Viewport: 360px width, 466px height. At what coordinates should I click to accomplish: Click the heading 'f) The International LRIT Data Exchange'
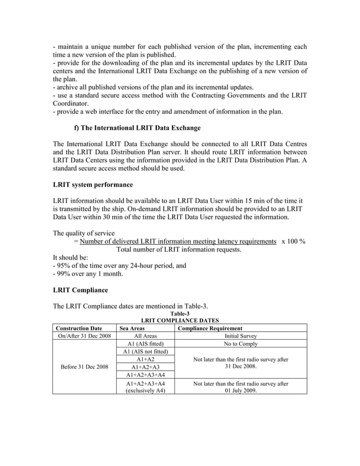coord(137,128)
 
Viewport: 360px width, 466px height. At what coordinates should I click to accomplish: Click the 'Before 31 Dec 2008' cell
coord(84,367)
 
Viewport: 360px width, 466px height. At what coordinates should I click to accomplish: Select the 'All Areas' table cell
coord(146,336)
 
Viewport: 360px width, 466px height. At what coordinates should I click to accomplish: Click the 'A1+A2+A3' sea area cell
coord(146,367)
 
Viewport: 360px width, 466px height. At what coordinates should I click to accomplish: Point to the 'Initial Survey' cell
coord(241,336)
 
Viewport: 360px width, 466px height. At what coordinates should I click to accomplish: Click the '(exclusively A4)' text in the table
coord(146,390)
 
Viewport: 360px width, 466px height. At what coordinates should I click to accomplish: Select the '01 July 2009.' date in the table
coord(241,390)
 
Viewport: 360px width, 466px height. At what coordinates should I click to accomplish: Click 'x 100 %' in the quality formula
coord(293,241)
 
